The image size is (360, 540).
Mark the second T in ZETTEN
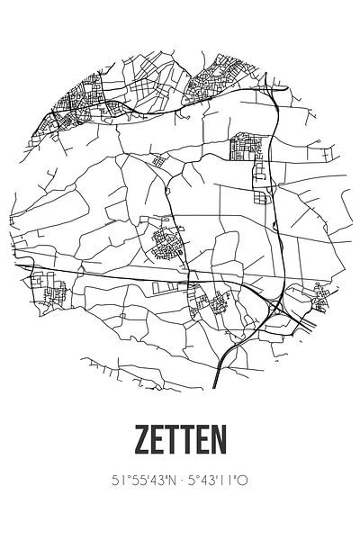188,443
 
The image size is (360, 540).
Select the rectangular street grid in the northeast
247,146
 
